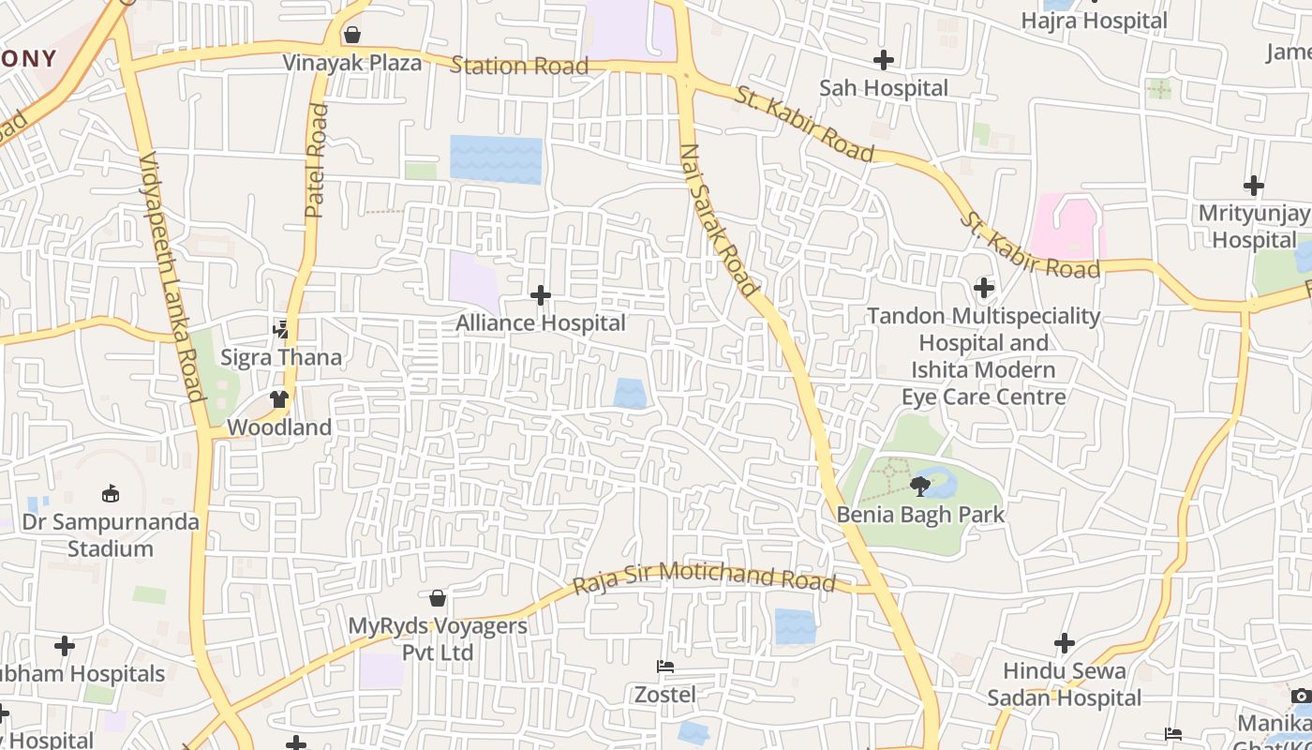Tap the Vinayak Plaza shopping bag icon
click(352, 36)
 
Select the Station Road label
click(519, 66)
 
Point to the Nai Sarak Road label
click(719, 219)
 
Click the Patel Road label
click(316, 160)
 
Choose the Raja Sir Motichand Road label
click(704, 576)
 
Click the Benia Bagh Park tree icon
click(920, 486)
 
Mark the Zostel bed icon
click(665, 667)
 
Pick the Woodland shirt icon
click(278, 399)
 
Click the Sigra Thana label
click(281, 357)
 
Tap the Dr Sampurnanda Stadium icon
click(111, 493)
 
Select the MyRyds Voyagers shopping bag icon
click(438, 598)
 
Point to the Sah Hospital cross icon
click(883, 61)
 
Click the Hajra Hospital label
click(1094, 21)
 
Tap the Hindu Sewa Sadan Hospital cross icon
click(1064, 643)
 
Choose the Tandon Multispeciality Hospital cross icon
click(983, 287)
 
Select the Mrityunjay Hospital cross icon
click(1253, 186)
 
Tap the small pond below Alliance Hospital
click(631, 393)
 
